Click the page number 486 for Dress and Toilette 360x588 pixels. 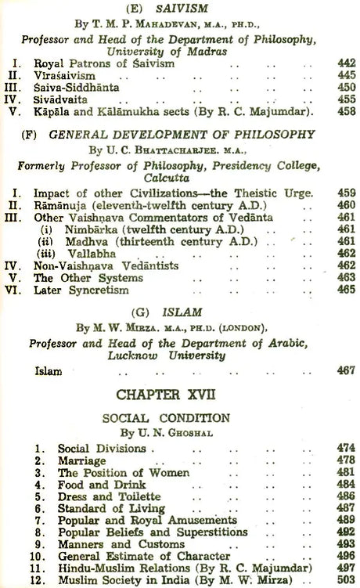346,497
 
